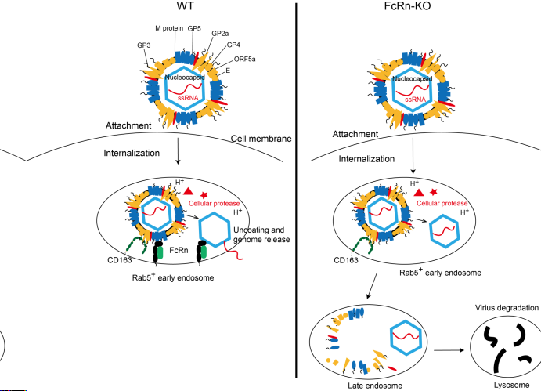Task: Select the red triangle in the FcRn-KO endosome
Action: point(419,192)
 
